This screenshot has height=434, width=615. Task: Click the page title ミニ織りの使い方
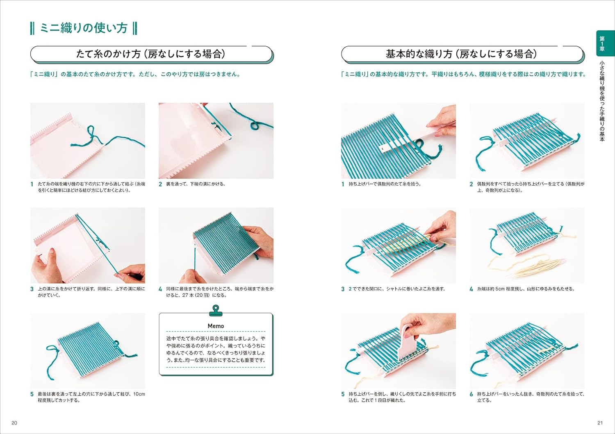84,28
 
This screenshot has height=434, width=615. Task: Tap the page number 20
14,423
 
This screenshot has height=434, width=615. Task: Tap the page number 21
600,423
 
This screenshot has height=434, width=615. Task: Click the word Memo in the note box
216,326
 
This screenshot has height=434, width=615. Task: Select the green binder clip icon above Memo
216,310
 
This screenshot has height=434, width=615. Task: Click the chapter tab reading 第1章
602,43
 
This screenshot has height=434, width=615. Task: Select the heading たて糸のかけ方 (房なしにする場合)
150,54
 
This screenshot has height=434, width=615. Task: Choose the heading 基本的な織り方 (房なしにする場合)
461,54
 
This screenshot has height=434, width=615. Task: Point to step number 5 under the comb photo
343,394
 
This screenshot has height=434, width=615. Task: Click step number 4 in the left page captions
160,289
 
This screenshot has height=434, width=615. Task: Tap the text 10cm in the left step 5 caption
139,394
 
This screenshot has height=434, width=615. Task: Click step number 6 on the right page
471,394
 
